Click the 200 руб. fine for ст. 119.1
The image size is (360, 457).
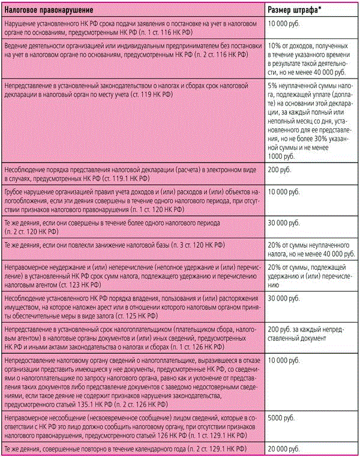[280, 170]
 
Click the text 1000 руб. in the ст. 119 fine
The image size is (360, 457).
[282, 156]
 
